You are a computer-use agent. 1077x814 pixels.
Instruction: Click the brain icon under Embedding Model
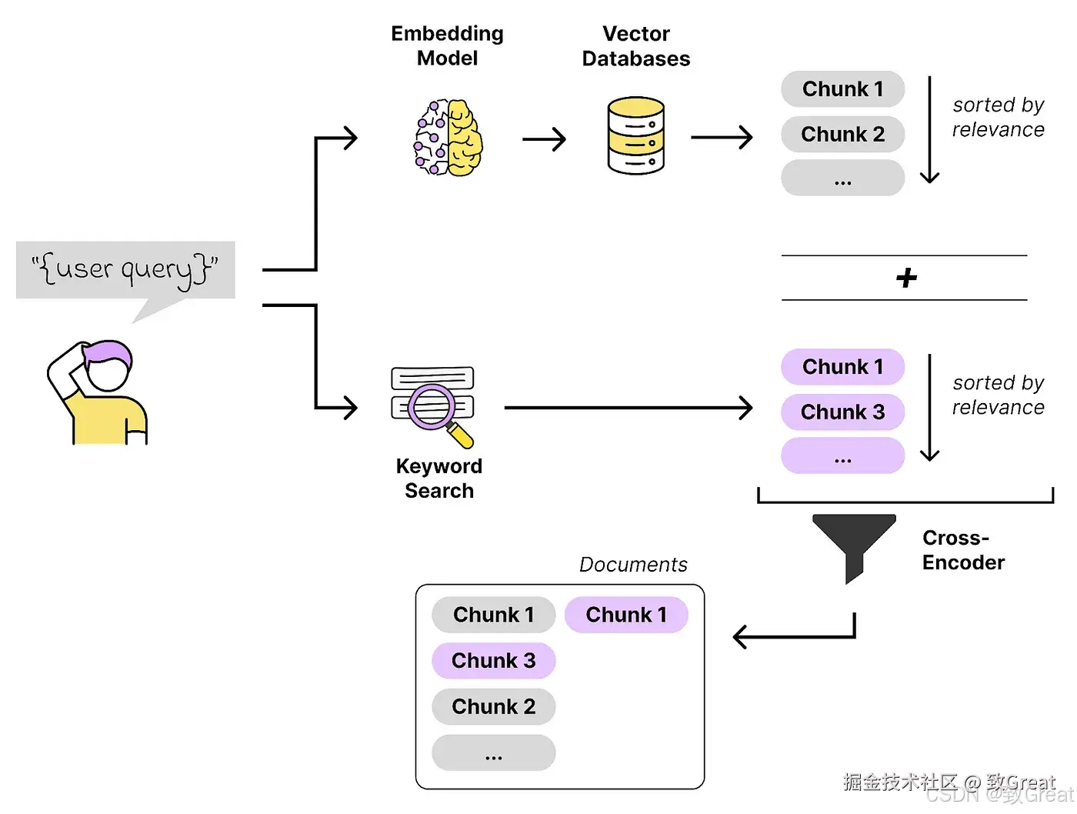[x=448, y=138]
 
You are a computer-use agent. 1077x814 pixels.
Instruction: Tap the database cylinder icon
[x=635, y=135]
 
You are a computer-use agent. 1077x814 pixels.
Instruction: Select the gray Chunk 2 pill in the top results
[x=842, y=135]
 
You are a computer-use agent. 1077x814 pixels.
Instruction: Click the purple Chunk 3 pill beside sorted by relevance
[x=842, y=412]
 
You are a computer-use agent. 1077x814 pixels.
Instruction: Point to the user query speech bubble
[x=125, y=270]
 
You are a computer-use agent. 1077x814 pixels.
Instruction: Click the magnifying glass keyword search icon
[x=432, y=405]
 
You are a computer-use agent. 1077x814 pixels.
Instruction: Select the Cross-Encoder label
[x=962, y=550]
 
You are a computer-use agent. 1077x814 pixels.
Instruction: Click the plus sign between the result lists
[x=906, y=278]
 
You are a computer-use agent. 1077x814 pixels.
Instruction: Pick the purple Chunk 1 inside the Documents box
[x=626, y=615]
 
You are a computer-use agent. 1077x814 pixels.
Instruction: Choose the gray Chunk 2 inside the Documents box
[x=493, y=706]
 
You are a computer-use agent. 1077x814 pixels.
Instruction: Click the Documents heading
[x=632, y=565]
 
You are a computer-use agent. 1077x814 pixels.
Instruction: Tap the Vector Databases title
[x=635, y=46]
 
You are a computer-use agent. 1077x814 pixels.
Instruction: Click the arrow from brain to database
[x=544, y=139]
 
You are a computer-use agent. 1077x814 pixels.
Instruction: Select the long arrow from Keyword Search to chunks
[x=627, y=408]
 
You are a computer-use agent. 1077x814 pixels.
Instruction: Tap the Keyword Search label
[x=439, y=479]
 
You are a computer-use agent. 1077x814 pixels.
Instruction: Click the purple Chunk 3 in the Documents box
[x=493, y=661]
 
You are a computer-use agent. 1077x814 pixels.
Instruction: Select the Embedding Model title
[x=447, y=46]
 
